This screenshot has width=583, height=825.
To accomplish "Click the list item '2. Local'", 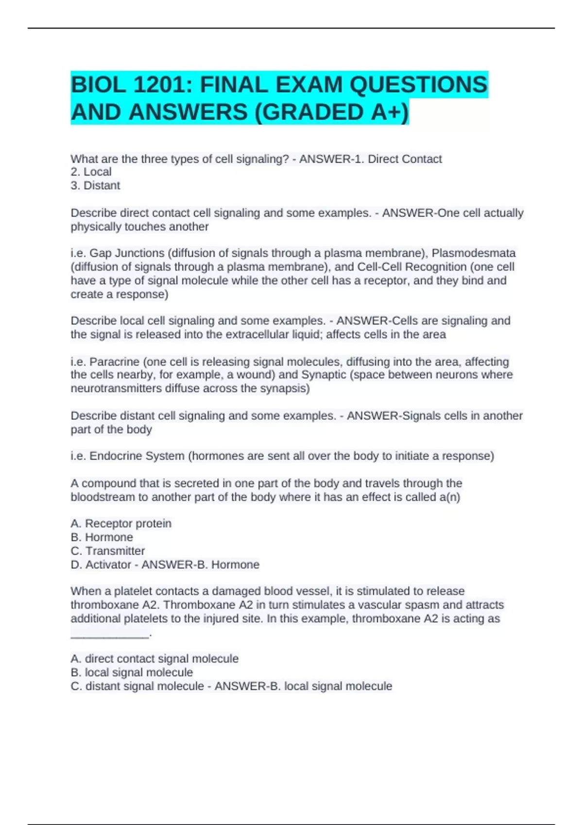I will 91,172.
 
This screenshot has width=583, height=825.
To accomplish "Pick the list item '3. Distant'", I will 95,185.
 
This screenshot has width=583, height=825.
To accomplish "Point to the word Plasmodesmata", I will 474,253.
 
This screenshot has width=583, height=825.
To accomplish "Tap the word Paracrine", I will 115,362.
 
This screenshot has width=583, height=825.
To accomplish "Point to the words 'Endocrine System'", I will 137,456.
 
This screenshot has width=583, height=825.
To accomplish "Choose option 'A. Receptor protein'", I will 121,524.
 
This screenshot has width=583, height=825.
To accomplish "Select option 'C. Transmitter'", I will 108,551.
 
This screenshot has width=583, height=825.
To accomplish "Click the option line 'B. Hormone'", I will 102,537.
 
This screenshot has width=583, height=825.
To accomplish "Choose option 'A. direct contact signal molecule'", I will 154,659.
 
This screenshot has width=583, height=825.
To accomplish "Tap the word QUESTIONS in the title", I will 418,85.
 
